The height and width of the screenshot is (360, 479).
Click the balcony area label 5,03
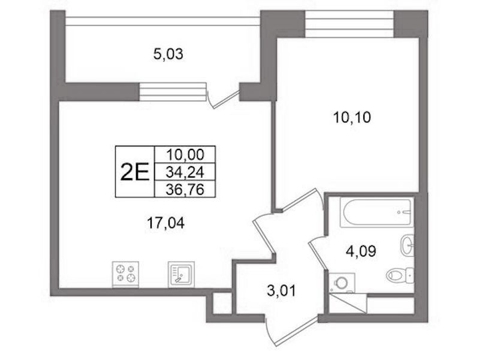pos(168,55)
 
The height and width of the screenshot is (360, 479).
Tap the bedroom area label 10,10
pos(352,118)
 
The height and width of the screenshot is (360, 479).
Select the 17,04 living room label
pos(165,223)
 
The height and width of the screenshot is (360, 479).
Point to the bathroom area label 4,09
pos(361,252)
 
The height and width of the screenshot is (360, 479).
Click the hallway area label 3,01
pos(281,291)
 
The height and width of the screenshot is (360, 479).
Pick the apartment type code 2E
pos(135,172)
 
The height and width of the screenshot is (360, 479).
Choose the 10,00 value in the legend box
pos(185,155)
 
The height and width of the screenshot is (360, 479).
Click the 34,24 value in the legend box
pos(185,173)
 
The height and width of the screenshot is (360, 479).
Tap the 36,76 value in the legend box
pos(185,190)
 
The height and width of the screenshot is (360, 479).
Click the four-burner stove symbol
pos(125,274)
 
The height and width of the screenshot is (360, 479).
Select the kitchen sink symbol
pos(181,274)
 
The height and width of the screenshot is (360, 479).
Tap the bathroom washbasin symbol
pos(407,244)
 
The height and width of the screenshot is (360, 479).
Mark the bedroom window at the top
pos(350,24)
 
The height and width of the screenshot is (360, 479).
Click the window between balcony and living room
pos(173,92)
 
